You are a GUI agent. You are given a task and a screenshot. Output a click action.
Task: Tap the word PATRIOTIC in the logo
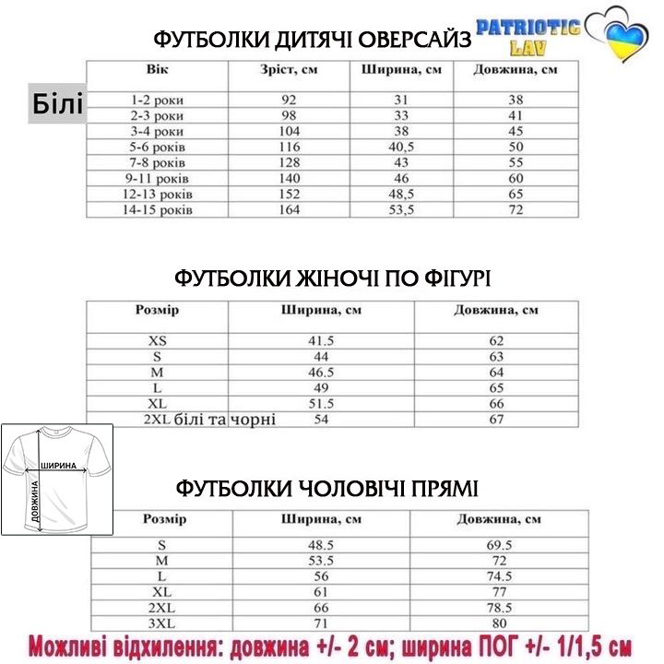tap(528, 26)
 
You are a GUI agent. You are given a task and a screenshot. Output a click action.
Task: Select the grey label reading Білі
tap(58, 104)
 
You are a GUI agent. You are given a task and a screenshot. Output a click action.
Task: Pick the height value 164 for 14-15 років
tap(290, 210)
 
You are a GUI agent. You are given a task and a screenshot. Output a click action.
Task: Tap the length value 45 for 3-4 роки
tap(516, 131)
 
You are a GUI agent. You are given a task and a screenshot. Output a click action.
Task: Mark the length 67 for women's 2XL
tap(496, 420)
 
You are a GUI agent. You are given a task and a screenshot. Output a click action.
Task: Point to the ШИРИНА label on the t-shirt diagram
tap(57, 466)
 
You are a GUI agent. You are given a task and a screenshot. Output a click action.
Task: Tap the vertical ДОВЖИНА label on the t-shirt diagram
tap(35, 503)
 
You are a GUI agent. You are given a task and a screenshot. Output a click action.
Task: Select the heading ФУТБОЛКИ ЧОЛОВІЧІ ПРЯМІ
tap(326, 487)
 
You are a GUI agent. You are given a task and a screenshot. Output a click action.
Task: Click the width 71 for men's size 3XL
tap(321, 624)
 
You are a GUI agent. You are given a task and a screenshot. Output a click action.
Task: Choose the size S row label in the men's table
tap(162, 545)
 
